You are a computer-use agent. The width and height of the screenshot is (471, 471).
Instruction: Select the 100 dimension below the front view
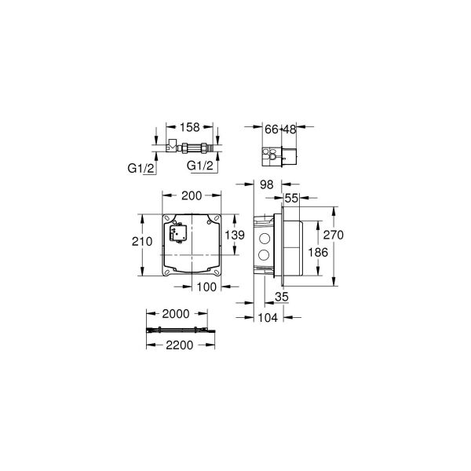pos(207,287)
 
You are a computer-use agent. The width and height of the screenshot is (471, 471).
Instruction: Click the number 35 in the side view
pos(283,297)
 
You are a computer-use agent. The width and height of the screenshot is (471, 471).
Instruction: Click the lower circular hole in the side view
pos(263,256)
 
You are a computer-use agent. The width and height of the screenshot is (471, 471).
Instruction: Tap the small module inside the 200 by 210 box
pos(174,233)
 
